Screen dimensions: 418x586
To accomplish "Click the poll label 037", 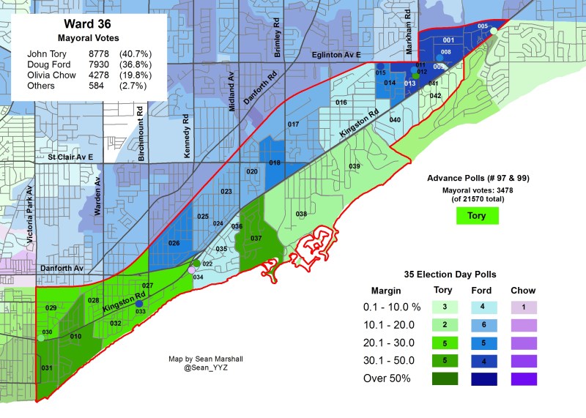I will tap(256, 239).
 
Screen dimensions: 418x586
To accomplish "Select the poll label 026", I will tap(174, 243).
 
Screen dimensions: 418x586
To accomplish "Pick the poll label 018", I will tap(275, 163).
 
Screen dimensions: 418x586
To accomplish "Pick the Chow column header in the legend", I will tap(523, 291).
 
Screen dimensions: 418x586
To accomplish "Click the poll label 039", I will tap(355, 167).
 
